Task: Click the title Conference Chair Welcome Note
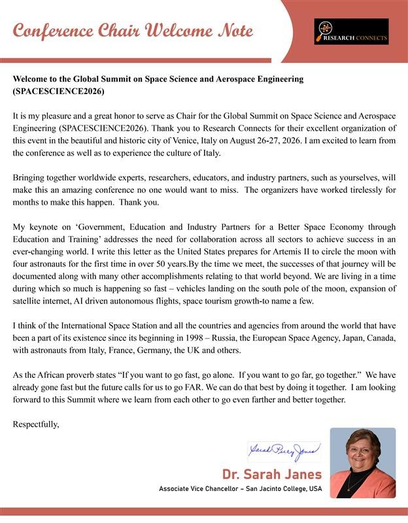click(x=133, y=31)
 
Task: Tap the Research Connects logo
click(x=350, y=31)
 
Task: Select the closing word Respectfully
click(x=36, y=425)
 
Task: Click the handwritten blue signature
click(x=284, y=450)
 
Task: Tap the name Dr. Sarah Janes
click(x=272, y=474)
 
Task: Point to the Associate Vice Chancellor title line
click(x=241, y=489)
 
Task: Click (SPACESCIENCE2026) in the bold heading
click(x=58, y=91)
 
